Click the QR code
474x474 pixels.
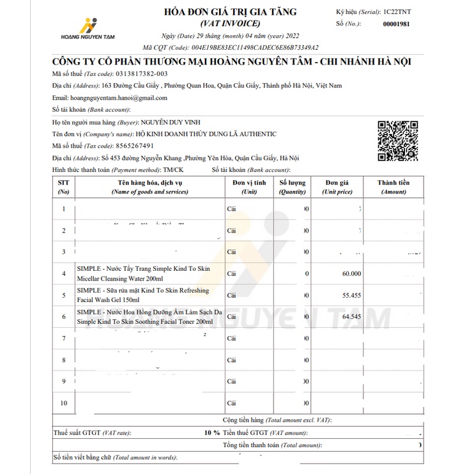397,140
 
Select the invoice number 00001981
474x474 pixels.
401,24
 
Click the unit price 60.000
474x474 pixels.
351,273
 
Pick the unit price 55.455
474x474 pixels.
351,295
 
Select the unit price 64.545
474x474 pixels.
351,316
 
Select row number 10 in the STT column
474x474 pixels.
63,403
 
